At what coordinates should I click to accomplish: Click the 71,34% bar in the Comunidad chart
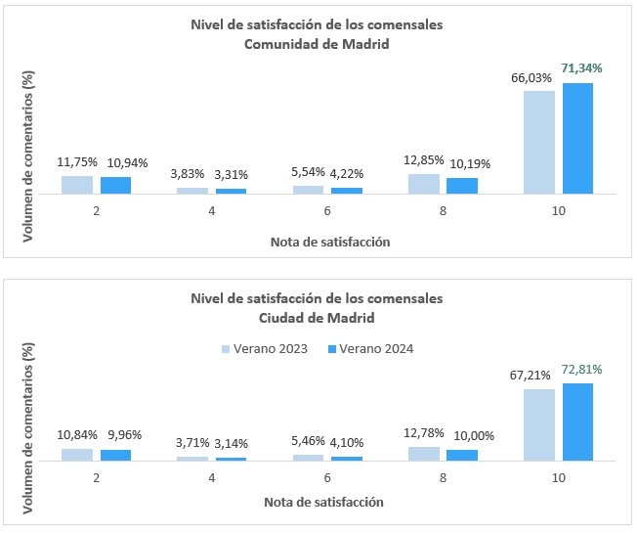coord(577,138)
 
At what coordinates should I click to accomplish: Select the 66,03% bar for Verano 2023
coord(539,142)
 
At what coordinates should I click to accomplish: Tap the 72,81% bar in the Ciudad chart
coord(577,422)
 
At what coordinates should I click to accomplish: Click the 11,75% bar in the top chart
coord(76,185)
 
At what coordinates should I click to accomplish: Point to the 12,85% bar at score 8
coord(424,184)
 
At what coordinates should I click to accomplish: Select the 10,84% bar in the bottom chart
coord(76,454)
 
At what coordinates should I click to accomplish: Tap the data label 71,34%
coord(581,68)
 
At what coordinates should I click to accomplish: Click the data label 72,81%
coord(581,370)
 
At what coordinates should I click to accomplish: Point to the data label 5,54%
coord(307,170)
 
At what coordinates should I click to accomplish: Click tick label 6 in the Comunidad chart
coord(326,208)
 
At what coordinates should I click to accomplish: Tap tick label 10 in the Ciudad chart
coord(558,479)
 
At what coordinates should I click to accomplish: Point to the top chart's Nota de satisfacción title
coord(323,241)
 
